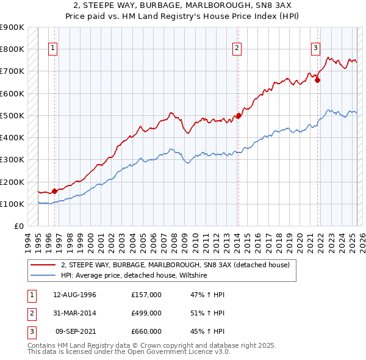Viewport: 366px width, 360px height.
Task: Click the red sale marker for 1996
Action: coord(55,191)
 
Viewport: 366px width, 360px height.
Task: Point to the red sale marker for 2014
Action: coord(239,115)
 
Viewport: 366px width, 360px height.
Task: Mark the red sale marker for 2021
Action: coord(318,80)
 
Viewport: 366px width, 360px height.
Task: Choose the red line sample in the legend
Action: coord(43,265)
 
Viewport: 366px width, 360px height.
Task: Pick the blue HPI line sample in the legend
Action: coord(43,276)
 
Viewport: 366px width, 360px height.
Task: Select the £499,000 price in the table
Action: coord(146,313)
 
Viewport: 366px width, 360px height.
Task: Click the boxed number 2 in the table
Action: coord(31,313)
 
